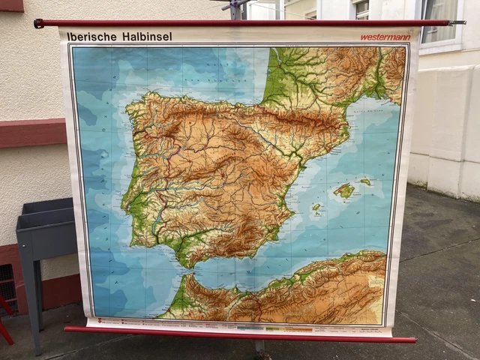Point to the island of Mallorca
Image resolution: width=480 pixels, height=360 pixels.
344,190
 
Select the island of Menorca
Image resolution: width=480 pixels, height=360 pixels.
365,181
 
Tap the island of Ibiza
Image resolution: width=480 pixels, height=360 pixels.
316,208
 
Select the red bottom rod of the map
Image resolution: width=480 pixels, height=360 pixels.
240,334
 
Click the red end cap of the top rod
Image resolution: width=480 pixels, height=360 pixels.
39,23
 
